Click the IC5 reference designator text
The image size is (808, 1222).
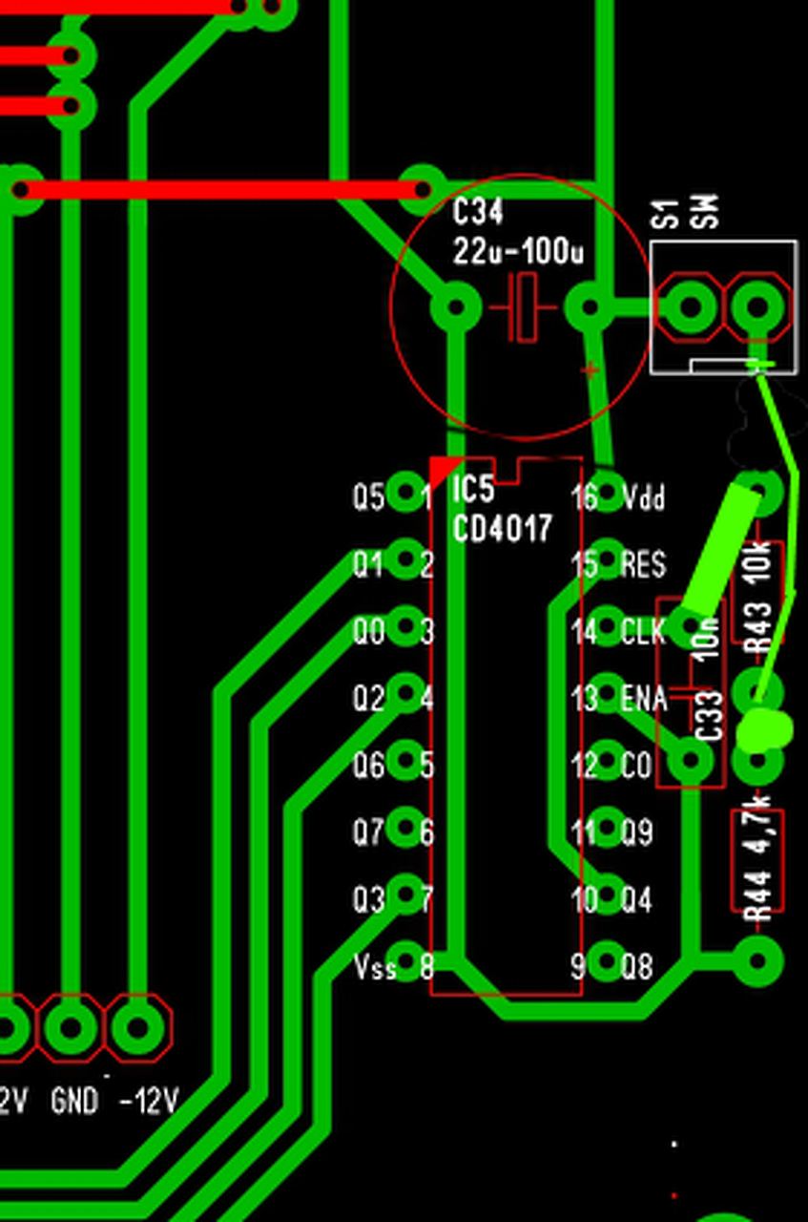coord(473,491)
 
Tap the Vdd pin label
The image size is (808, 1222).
coord(643,497)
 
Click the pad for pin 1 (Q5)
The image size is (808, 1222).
coord(406,495)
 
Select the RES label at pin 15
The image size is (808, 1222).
coord(644,564)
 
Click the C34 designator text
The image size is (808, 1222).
coord(478,212)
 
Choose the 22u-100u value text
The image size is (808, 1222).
coord(518,252)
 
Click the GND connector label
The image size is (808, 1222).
coord(74,1102)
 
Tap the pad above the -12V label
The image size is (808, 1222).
coord(137,1028)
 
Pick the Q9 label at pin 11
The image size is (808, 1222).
coord(637,833)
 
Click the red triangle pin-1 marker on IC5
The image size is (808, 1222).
coord(442,469)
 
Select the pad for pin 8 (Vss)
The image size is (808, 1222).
coord(406,961)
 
